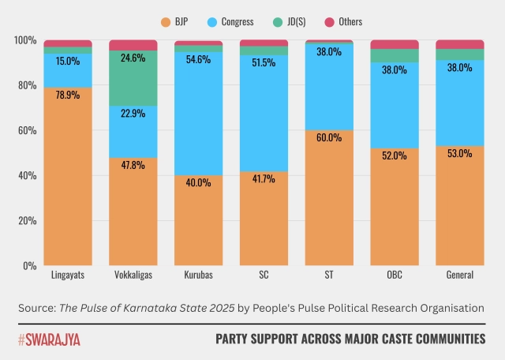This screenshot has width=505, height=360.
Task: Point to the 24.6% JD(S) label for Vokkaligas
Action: (133, 58)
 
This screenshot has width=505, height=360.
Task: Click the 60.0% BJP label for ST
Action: (329, 137)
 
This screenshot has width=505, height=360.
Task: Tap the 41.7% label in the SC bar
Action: (264, 178)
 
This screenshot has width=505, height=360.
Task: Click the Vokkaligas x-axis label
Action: (133, 276)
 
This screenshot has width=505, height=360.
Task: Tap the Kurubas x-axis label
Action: (198, 276)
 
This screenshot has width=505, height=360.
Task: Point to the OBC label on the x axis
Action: (394, 276)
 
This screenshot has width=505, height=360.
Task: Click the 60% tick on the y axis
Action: (25, 130)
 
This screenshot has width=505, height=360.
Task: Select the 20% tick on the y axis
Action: (25, 221)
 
